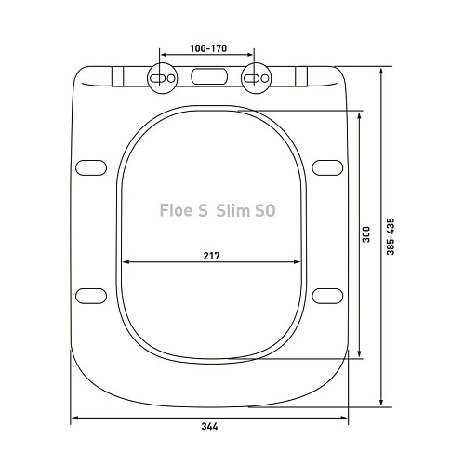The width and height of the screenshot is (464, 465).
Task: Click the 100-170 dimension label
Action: (x=208, y=48)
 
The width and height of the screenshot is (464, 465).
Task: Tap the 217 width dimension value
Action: (x=211, y=256)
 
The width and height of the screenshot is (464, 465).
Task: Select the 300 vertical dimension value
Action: (x=366, y=234)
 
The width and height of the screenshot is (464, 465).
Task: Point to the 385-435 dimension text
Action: (x=391, y=236)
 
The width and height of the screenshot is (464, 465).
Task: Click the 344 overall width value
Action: (x=210, y=427)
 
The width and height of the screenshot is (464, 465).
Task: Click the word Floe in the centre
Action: (x=176, y=210)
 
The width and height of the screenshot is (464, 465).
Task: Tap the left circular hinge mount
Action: (x=162, y=78)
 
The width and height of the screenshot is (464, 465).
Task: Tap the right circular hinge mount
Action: (x=256, y=78)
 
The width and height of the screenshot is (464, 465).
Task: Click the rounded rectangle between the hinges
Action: (x=209, y=76)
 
